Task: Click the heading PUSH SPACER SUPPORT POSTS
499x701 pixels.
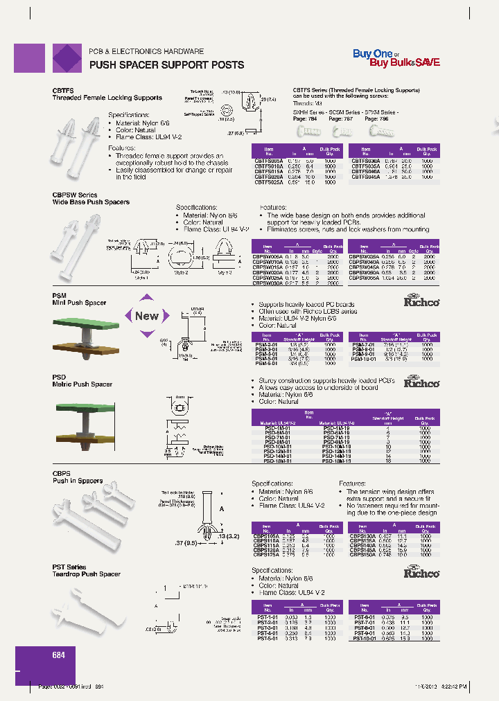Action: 166,65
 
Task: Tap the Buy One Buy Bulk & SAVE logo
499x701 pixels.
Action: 396,58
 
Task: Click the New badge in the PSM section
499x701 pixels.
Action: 146,316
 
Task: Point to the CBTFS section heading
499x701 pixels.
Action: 63,91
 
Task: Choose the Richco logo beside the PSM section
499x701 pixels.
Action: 422,301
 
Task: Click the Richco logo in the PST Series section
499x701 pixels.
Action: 422,573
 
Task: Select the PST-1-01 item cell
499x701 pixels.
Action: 267,616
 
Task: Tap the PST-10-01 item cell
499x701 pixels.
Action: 365,638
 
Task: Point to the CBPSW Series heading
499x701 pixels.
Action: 75,195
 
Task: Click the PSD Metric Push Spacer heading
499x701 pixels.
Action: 82,381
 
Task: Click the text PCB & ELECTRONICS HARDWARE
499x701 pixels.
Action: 146,52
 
